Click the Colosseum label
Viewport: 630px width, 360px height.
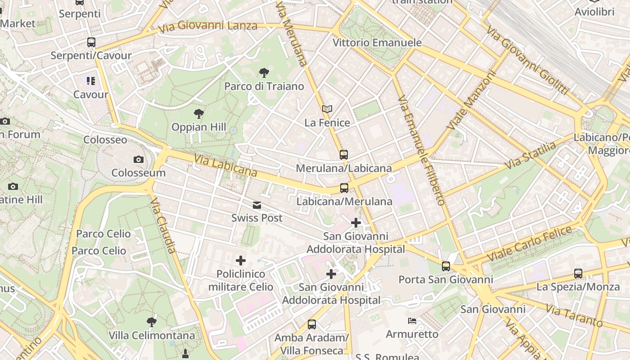pos(139,173)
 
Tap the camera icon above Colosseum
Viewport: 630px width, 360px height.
pos(139,159)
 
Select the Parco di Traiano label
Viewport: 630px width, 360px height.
pos(264,86)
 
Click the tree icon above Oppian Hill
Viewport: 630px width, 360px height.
pos(198,114)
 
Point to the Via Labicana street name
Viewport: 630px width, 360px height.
pos(225,166)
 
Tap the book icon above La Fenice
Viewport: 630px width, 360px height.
pos(327,109)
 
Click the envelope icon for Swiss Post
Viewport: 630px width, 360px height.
pos(257,205)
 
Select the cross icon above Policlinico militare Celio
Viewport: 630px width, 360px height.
pos(241,261)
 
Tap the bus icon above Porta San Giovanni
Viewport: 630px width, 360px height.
pos(446,266)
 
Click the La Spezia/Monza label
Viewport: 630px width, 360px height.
pos(578,287)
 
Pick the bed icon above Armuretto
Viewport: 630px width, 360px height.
pos(412,321)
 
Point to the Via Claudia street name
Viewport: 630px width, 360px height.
pos(163,225)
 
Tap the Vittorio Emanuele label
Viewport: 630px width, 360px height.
pos(377,43)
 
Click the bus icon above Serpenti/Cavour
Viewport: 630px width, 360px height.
pos(91,42)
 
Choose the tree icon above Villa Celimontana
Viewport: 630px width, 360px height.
pos(152,322)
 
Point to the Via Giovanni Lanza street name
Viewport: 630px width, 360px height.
pos(207,26)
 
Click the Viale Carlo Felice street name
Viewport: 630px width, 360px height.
pos(529,243)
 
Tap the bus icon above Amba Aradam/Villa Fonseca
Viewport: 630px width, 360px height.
pos(312,324)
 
